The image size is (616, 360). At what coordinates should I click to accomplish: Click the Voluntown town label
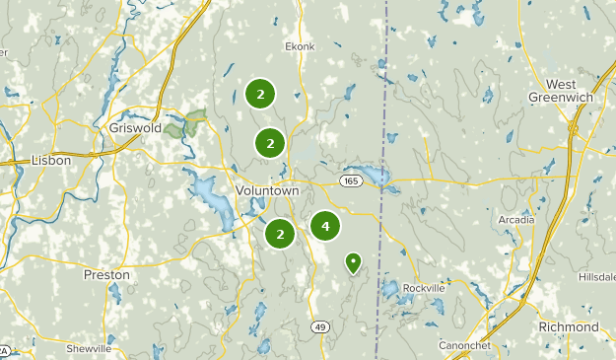[x=266, y=189]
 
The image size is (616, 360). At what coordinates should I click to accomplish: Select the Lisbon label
[x=51, y=160]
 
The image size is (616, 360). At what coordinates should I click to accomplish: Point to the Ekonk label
[x=300, y=45]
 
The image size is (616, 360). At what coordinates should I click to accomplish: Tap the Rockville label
[x=425, y=288]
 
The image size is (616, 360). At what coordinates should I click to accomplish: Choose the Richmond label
[x=569, y=326]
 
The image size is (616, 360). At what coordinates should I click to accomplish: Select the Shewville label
[x=89, y=349]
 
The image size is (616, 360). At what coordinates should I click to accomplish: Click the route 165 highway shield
[x=352, y=181]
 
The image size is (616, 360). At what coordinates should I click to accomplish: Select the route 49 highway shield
[x=319, y=326]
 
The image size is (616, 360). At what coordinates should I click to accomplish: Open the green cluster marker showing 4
[x=325, y=226]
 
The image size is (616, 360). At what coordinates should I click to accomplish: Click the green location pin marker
[x=353, y=261]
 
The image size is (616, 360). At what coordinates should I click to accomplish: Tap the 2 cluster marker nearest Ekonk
[x=260, y=94]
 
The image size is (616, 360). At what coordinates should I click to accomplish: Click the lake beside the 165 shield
[x=375, y=178]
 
